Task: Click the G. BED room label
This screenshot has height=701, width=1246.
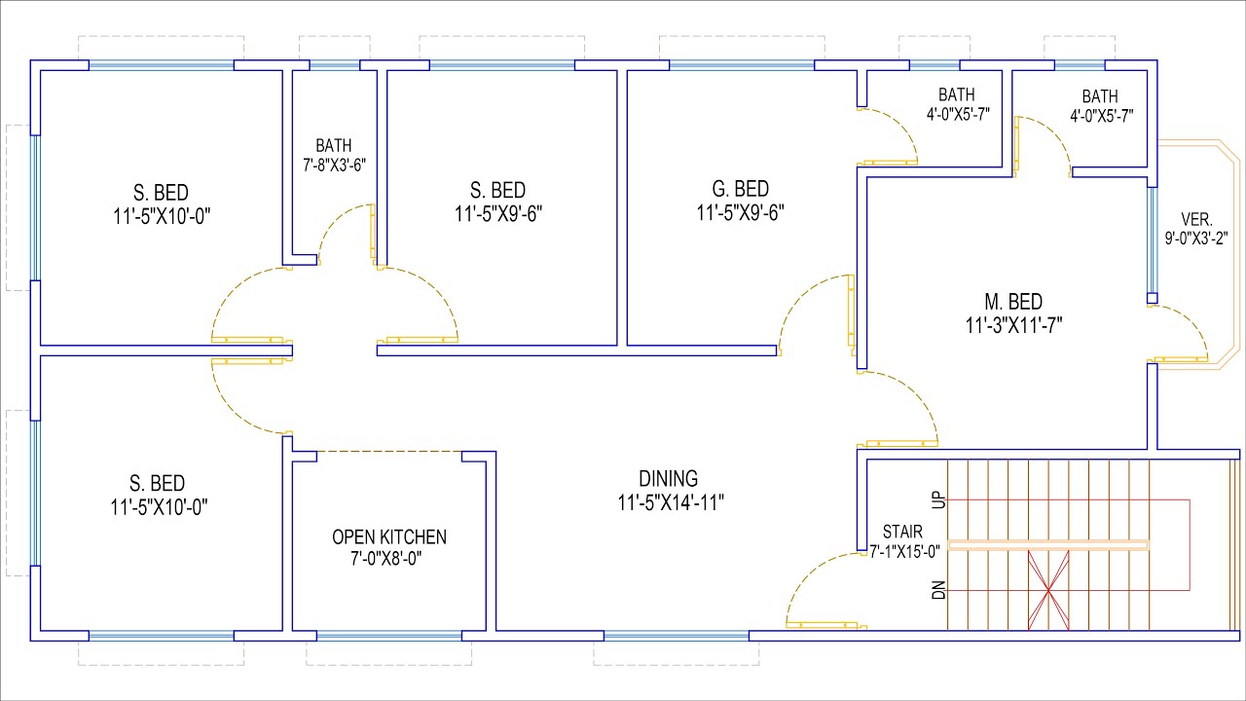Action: click(741, 189)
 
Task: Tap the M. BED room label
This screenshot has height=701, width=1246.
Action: click(1013, 302)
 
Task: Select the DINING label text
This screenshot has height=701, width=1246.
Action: click(668, 479)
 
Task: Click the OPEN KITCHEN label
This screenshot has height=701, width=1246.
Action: click(389, 537)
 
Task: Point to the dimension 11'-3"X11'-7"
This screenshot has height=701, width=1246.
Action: click(1013, 325)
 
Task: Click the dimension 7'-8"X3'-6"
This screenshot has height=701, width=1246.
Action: click(334, 166)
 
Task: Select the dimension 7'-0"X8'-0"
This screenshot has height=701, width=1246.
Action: click(386, 558)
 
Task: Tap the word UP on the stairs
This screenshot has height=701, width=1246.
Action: click(938, 499)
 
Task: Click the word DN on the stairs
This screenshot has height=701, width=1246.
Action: click(938, 590)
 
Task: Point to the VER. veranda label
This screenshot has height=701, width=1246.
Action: click(1196, 219)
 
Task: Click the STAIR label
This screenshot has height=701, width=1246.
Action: click(902, 532)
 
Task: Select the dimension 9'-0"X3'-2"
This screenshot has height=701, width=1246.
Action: click(1196, 239)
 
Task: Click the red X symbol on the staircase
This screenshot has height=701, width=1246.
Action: click(1048, 590)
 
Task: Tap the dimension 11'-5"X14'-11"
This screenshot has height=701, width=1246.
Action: click(671, 503)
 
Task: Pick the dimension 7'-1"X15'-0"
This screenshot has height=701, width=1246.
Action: click(905, 551)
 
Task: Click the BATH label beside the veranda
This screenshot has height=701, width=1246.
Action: click(1100, 96)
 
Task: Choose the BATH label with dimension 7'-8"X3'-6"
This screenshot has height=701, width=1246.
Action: click(334, 146)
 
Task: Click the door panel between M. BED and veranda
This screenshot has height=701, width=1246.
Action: click(1178, 359)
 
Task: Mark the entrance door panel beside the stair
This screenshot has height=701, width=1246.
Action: click(826, 626)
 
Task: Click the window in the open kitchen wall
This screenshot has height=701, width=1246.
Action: click(389, 636)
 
